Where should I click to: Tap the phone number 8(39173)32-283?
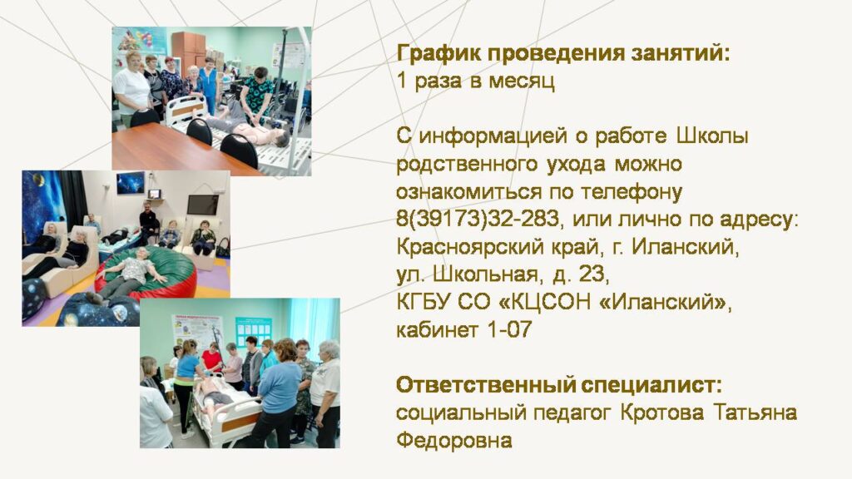477,219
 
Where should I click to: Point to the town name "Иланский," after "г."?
686,247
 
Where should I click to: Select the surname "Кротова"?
661,412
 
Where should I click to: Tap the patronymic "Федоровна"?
454,440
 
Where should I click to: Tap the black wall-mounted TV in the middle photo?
203,205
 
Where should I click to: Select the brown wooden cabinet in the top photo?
188,51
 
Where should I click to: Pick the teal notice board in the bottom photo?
253,330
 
